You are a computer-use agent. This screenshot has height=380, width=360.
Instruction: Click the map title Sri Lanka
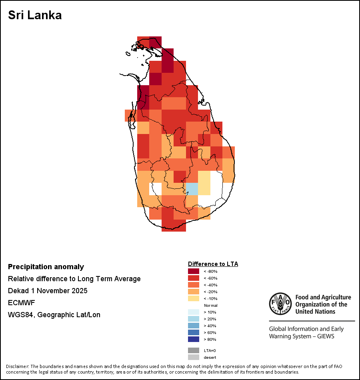click(x=35, y=16)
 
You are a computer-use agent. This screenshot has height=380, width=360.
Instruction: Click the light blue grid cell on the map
click(x=192, y=189)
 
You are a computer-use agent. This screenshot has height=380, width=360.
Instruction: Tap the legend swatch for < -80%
click(x=194, y=271)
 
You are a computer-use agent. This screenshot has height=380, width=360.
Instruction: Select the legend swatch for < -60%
click(x=194, y=278)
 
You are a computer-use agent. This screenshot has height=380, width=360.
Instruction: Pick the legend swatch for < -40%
click(x=194, y=285)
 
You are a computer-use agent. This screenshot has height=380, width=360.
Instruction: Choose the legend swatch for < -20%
click(x=194, y=292)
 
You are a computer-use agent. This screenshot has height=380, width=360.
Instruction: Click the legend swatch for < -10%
click(x=194, y=298)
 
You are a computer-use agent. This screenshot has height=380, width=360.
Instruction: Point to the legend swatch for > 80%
click(x=194, y=339)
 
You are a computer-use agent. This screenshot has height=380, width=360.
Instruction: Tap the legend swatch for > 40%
click(x=194, y=326)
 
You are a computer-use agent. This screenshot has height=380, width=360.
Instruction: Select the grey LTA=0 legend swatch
click(x=194, y=350)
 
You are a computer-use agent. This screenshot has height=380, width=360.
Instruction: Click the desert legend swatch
click(x=194, y=357)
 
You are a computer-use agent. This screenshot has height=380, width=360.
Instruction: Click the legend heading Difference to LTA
click(x=213, y=264)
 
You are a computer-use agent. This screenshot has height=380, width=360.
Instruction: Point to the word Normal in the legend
click(x=210, y=305)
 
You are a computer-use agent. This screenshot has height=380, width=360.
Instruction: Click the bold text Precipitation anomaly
click(x=46, y=267)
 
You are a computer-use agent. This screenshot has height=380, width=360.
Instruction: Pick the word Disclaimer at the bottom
click(x=17, y=366)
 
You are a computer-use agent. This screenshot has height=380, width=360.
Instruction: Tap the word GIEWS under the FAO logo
click(x=325, y=336)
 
